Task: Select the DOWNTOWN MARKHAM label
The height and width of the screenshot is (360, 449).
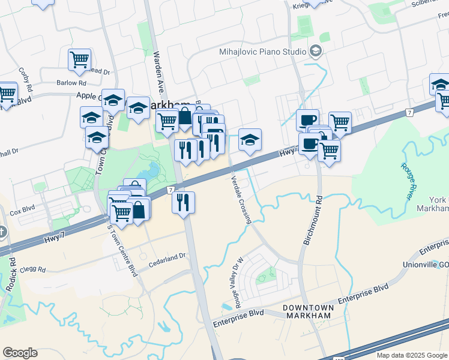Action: (x=307, y=311)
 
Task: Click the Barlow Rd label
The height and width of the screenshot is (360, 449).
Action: (x=71, y=83)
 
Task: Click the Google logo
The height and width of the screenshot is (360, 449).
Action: (x=20, y=353)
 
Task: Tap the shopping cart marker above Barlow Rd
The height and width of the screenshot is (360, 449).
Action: (x=79, y=59)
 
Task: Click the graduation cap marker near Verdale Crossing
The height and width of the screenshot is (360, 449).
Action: (x=250, y=140)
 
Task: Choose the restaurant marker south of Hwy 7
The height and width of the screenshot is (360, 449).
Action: (x=184, y=202)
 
